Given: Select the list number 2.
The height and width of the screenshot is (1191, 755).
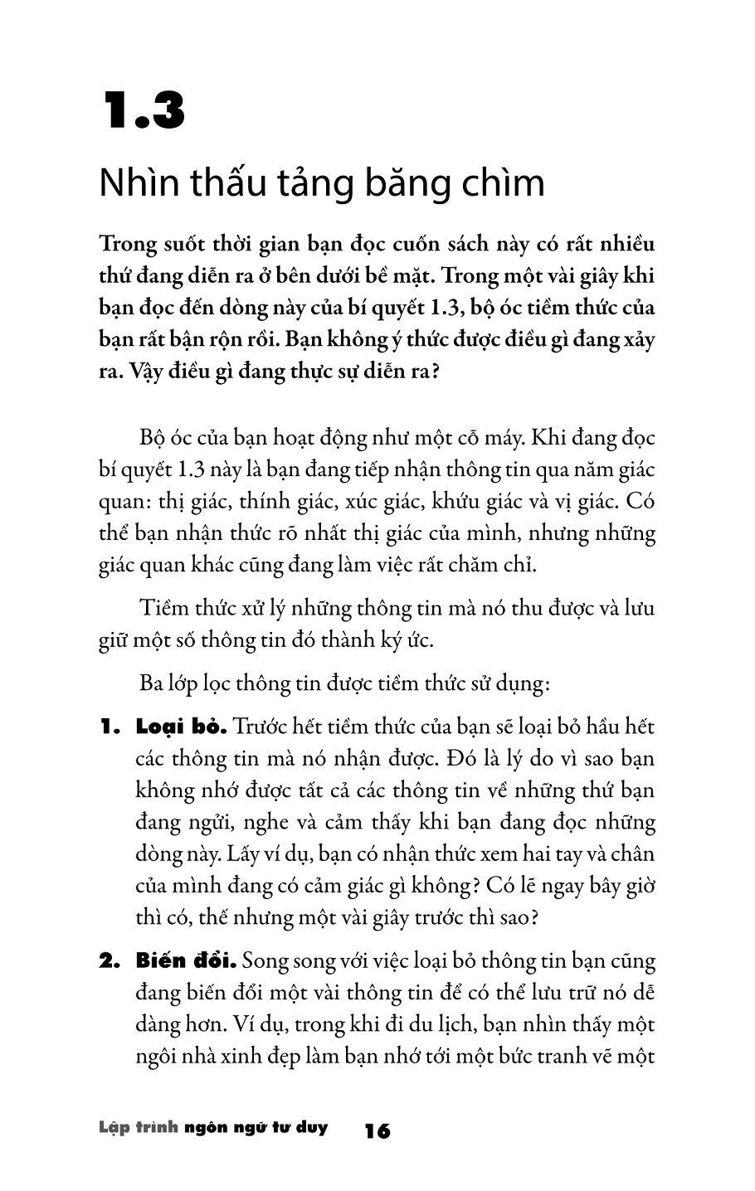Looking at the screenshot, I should point(110,962).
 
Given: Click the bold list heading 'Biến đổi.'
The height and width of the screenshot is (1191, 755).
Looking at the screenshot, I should point(187,962).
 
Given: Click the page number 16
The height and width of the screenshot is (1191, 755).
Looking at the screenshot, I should point(377,1130).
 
